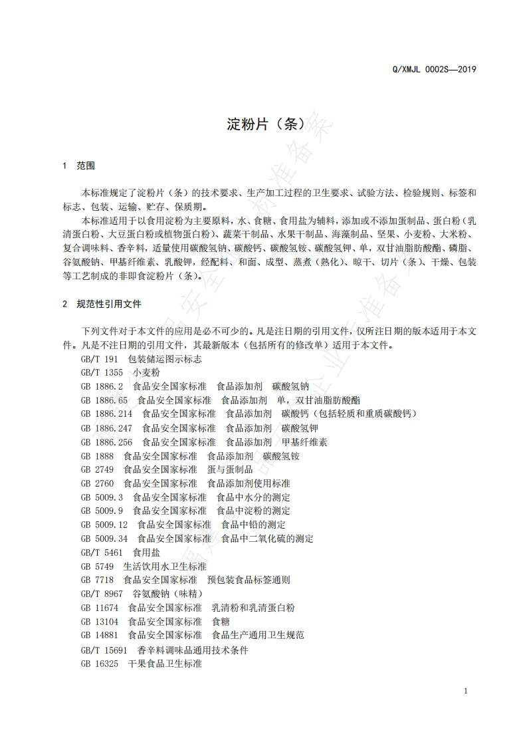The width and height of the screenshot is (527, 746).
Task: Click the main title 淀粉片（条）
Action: (265, 123)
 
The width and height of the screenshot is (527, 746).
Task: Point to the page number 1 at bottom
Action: (466, 691)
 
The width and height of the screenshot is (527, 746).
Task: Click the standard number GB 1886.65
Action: (104, 400)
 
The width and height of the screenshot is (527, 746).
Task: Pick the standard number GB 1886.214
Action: (106, 414)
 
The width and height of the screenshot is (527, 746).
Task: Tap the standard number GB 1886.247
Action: (106, 428)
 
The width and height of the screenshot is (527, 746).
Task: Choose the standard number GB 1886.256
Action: (106, 441)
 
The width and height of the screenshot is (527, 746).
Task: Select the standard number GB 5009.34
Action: (104, 539)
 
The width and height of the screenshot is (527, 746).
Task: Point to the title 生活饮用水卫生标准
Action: (165, 566)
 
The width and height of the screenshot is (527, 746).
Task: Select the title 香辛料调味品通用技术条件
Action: (193, 650)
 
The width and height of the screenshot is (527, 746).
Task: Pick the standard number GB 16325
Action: (99, 664)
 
